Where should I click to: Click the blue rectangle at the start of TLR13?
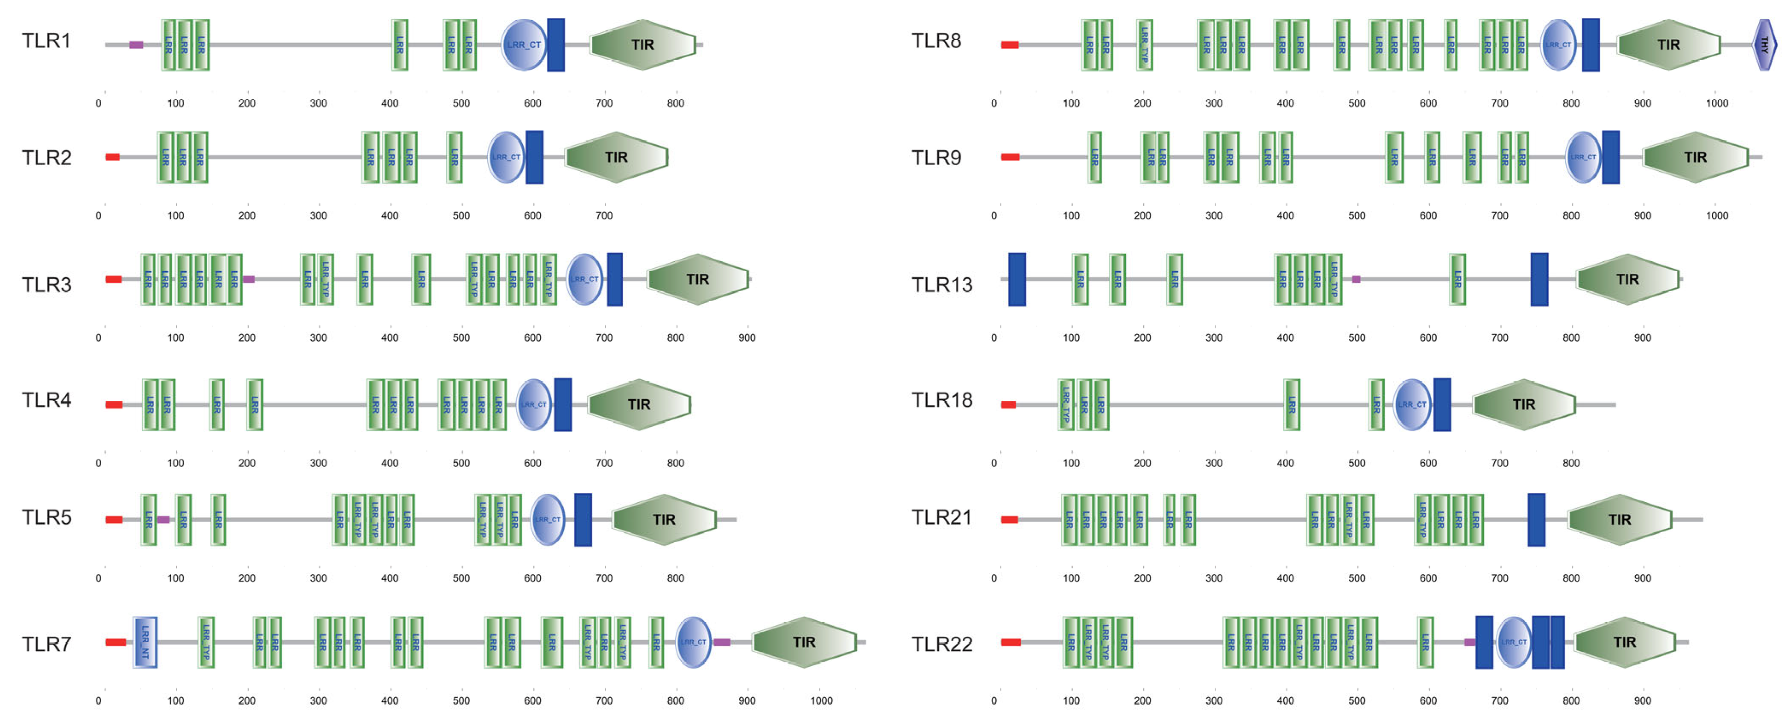(x=1017, y=279)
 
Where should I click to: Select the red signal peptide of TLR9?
(x=1010, y=157)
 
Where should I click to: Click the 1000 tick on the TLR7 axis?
(x=820, y=700)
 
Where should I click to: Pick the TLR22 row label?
(x=942, y=644)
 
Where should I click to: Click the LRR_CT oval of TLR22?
(x=1513, y=642)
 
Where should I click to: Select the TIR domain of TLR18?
(x=1523, y=404)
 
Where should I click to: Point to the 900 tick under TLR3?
(x=746, y=338)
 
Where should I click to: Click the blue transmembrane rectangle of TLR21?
(x=1536, y=520)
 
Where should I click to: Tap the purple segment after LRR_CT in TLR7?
(x=722, y=642)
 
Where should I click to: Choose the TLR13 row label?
(x=942, y=285)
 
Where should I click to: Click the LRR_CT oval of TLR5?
(x=548, y=520)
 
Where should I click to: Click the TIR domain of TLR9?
(x=1695, y=158)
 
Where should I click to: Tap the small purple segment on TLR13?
(x=1356, y=279)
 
